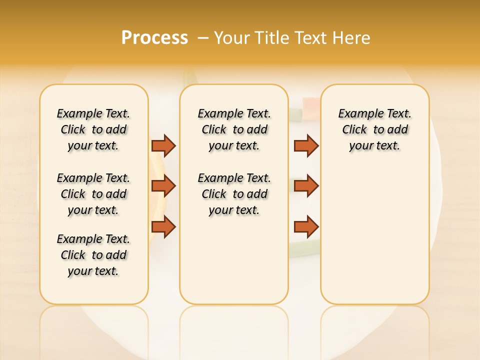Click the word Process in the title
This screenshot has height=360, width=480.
coord(154,38)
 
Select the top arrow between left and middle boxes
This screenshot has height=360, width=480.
coord(163,145)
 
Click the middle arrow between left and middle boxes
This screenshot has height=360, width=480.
coord(163,186)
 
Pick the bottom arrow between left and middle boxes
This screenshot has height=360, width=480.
coord(163,227)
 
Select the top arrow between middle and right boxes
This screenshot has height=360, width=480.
coord(306,145)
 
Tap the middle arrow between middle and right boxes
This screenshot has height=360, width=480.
coord(306,186)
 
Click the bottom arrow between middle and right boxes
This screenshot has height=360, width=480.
coord(306,227)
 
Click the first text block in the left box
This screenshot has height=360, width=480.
coord(93,129)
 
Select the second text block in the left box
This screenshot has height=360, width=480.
coord(93,194)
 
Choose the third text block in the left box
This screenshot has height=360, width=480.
coord(93,255)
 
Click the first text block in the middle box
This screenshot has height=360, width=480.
coord(234,129)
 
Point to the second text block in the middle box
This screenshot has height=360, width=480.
coord(234,194)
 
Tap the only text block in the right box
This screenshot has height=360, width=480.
coord(374,129)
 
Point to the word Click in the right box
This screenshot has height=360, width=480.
coord(354,130)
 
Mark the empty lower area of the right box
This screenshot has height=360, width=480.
coord(374,235)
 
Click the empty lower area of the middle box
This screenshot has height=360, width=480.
coord(234,260)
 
